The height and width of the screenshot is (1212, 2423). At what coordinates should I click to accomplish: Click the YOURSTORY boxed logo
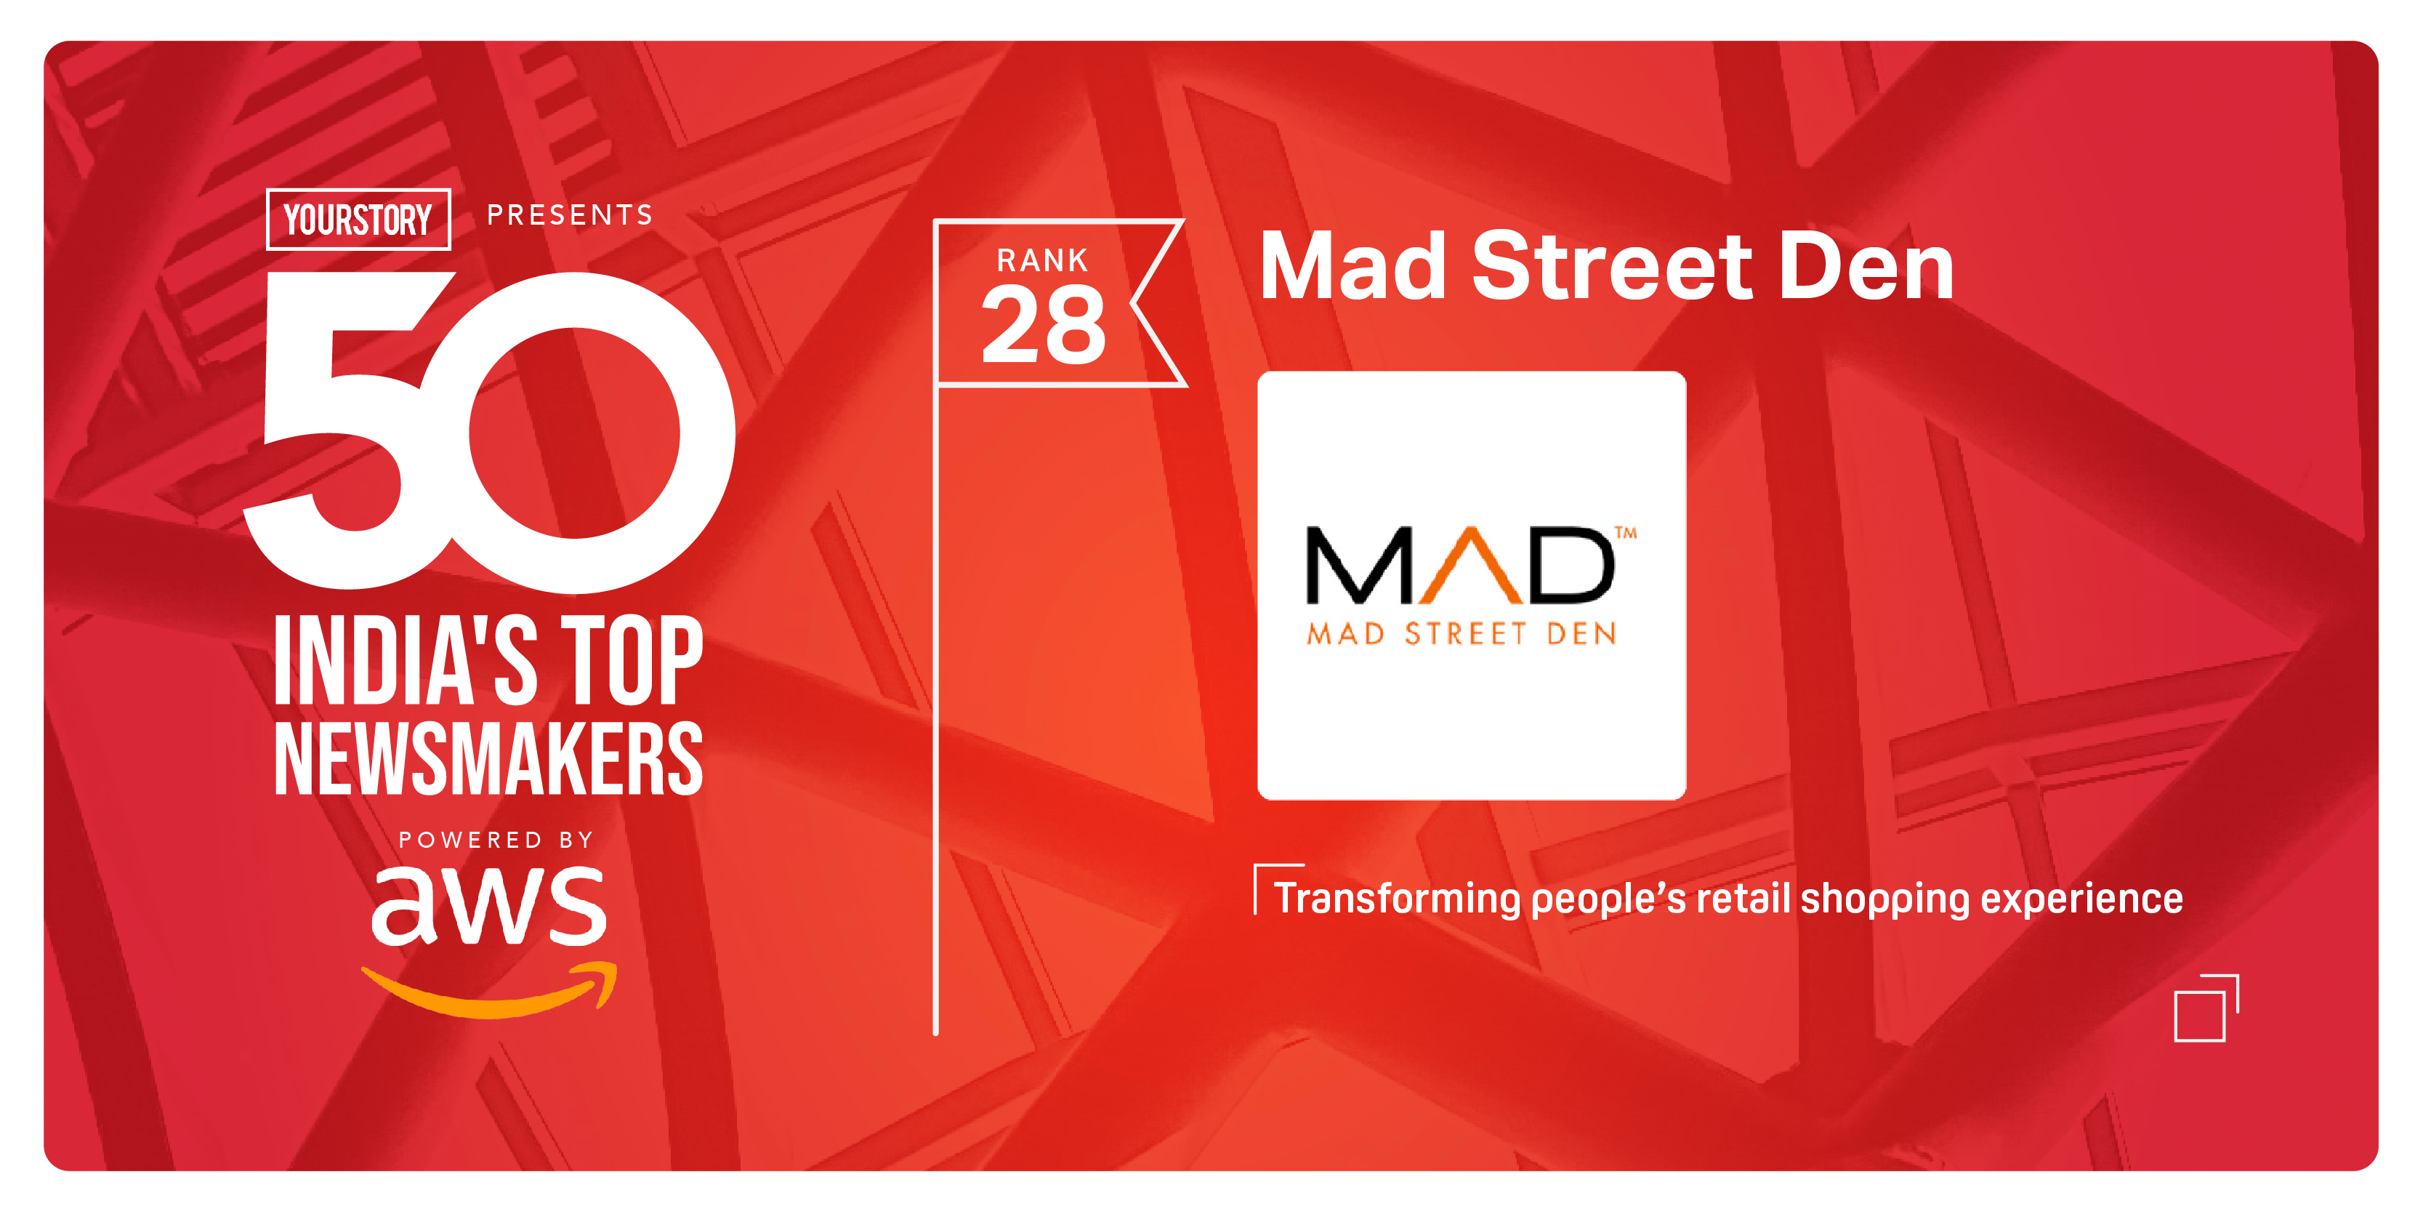[358, 220]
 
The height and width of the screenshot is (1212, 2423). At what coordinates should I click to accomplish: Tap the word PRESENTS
[570, 215]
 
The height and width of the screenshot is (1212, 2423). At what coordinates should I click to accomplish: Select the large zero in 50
[573, 433]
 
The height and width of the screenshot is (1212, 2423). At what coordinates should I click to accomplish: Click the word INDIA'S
[406, 661]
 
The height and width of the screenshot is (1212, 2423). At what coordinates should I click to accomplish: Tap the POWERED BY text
[496, 839]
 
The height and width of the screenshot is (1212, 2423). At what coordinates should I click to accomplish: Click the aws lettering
[489, 905]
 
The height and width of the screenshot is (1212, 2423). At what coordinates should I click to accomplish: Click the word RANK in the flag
[1042, 260]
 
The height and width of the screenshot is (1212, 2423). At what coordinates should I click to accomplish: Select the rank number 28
[1043, 326]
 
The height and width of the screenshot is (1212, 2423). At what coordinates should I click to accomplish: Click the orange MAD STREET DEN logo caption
[1462, 634]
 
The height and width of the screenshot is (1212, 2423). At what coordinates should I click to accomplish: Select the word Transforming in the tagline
[1396, 899]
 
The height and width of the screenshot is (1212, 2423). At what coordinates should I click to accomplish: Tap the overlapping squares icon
[2205, 1008]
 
